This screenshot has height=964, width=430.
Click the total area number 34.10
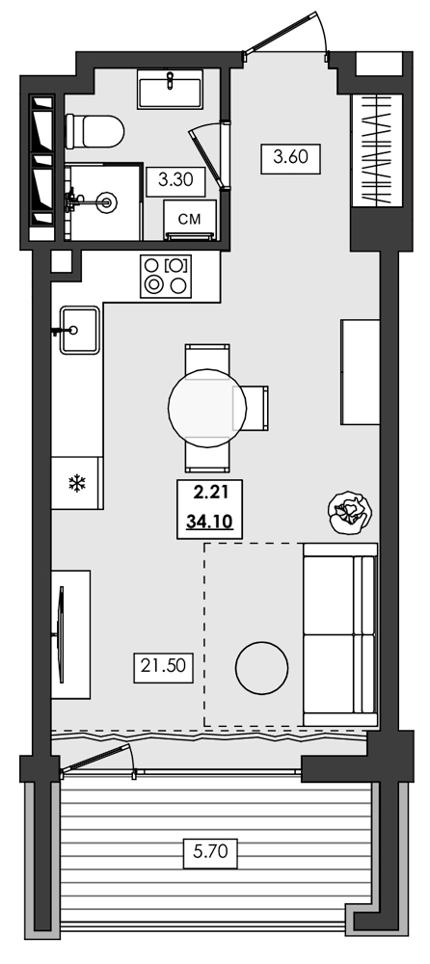(210, 522)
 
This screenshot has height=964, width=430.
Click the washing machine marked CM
(191, 220)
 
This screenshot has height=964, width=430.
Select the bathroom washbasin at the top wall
(170, 91)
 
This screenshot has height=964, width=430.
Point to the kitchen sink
(78, 329)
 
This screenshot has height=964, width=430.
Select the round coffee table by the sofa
(260, 667)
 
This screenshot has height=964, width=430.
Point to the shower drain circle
(107, 202)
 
